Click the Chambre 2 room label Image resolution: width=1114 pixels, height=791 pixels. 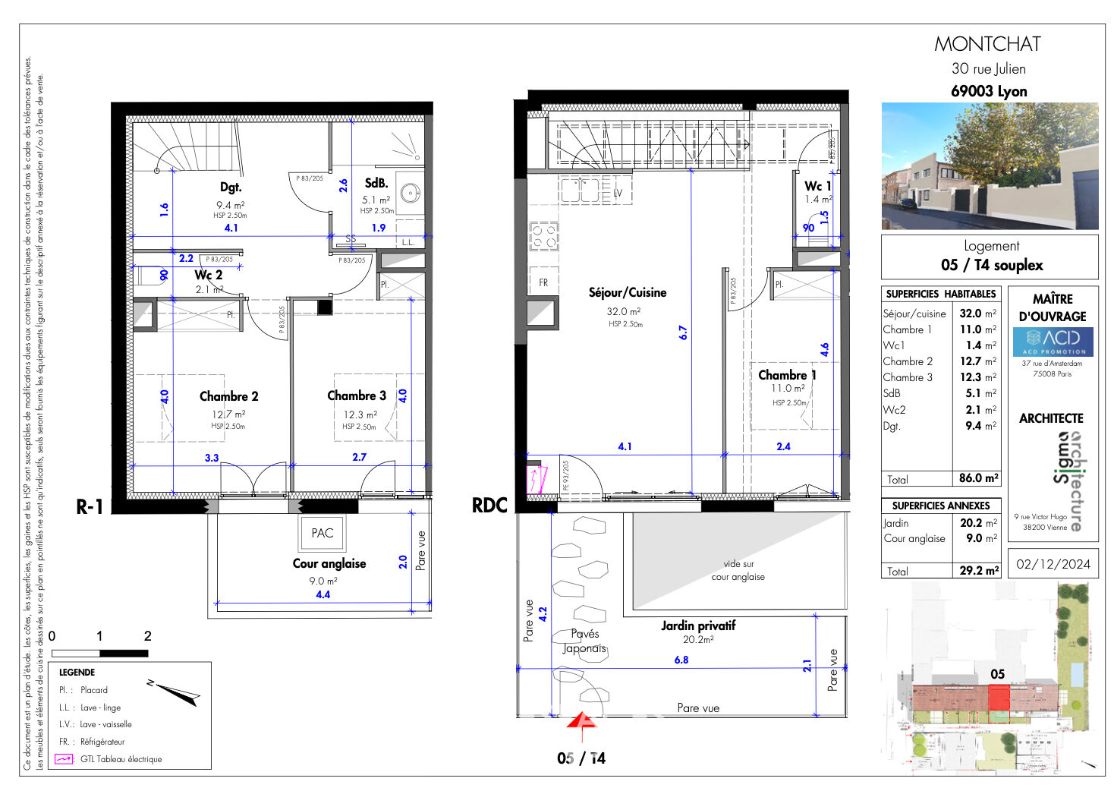click(x=228, y=396)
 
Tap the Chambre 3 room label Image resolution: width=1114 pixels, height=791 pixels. click(x=357, y=395)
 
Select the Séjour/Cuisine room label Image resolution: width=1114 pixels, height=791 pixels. click(x=627, y=292)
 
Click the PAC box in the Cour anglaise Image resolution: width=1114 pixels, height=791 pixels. click(x=322, y=533)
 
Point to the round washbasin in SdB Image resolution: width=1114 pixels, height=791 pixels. click(x=411, y=194)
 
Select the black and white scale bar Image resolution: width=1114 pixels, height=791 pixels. click(x=99, y=653)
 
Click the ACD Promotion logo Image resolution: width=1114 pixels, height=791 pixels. click(x=1053, y=341)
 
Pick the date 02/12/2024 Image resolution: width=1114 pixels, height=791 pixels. click(x=1053, y=564)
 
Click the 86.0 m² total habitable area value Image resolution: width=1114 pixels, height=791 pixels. click(x=978, y=478)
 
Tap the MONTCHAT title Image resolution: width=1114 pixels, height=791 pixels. click(x=987, y=44)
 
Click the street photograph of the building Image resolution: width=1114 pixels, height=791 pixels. click(x=990, y=166)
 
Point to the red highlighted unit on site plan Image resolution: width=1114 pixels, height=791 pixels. click(x=999, y=697)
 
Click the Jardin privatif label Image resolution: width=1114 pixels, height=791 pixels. click(x=697, y=626)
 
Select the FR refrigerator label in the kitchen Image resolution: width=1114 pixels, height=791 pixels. click(x=543, y=282)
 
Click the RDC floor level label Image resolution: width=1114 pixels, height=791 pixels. click(x=489, y=506)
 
